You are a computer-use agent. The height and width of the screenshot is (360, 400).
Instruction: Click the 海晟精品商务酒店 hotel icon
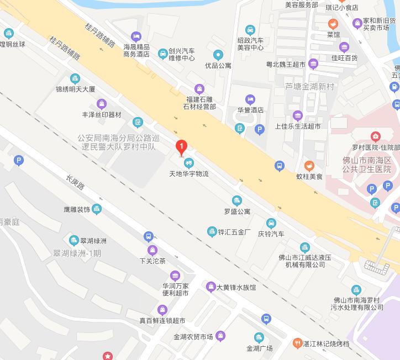tap(136, 36)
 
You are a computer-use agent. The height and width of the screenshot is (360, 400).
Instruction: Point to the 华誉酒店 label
tap(250, 110)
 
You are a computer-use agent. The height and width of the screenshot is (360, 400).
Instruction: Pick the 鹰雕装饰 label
tap(77, 210)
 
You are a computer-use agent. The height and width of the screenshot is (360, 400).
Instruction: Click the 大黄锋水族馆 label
tap(236, 287)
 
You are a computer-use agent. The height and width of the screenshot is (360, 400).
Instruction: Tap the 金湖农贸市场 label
tap(193, 337)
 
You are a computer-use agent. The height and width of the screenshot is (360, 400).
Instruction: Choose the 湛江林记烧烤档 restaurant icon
tap(297, 343)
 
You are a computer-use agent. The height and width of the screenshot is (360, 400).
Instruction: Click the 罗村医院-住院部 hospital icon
tap(376, 136)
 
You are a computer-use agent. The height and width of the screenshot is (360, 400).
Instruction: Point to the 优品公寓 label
tap(218, 65)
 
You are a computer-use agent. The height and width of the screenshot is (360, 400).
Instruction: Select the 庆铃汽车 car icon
tap(271, 223)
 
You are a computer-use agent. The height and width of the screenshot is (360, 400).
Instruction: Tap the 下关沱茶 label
tap(152, 261)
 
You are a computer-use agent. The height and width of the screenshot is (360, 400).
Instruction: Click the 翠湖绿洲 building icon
tap(73, 240)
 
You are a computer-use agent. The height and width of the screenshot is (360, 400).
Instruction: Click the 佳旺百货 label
tap(344, 57)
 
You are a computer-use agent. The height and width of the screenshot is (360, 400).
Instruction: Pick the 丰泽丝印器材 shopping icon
tap(102, 103)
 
